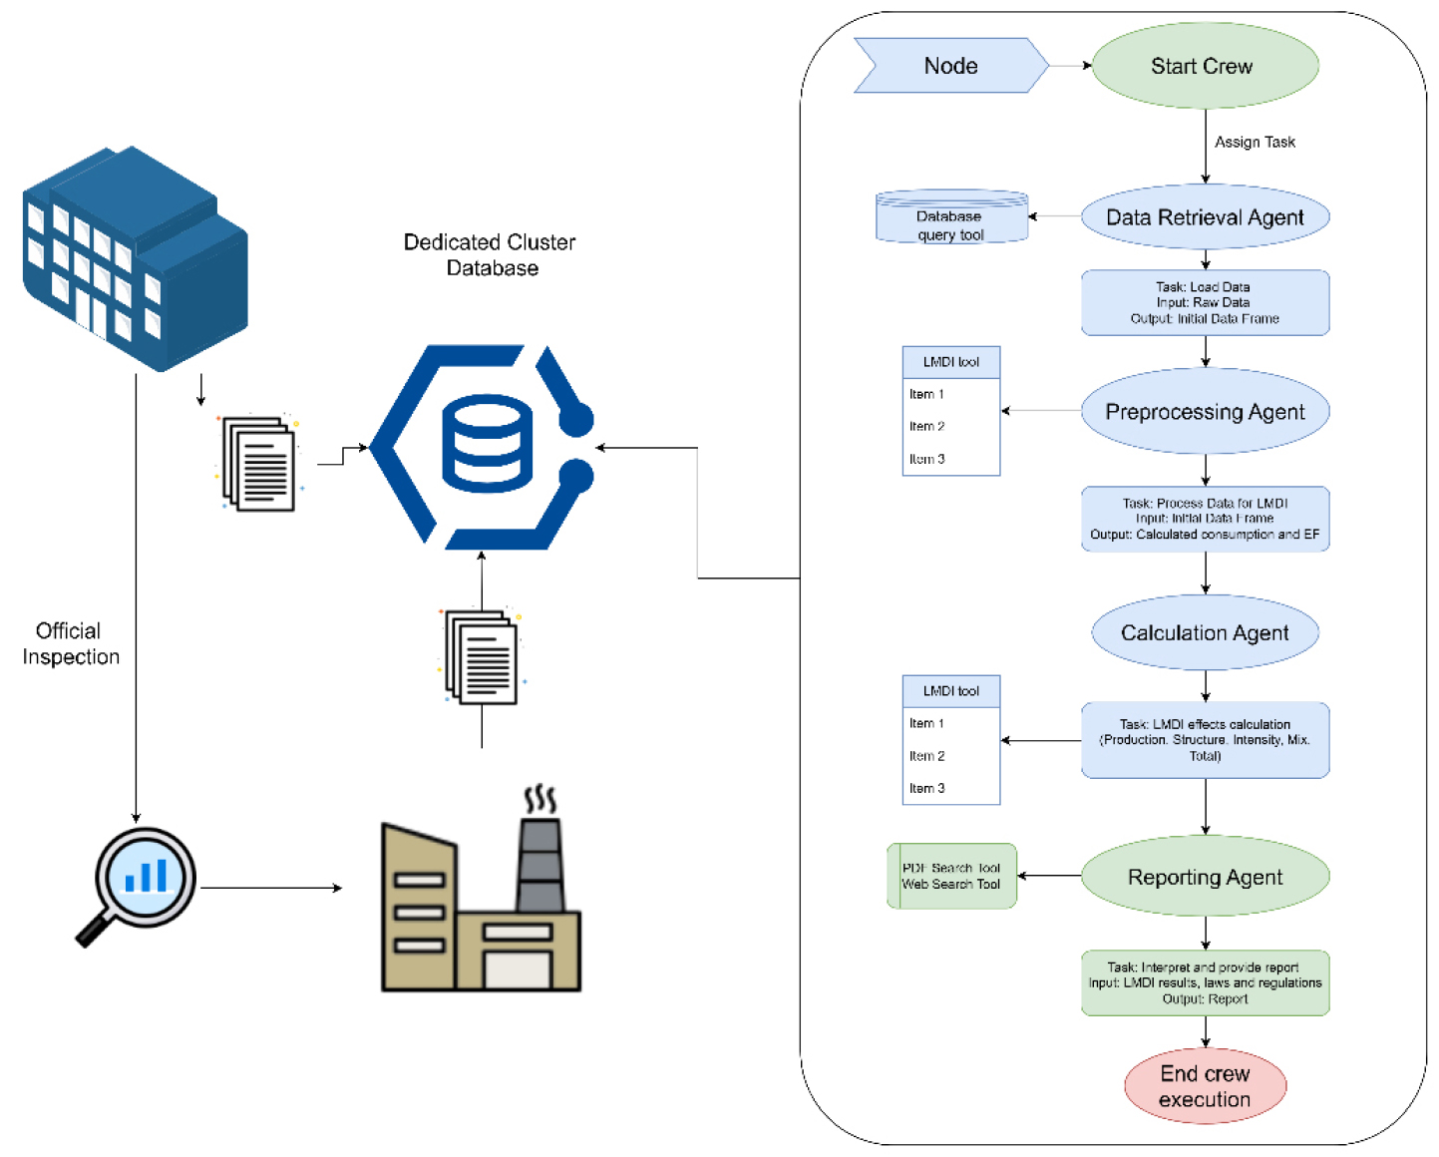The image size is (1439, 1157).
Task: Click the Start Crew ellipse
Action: (x=1205, y=66)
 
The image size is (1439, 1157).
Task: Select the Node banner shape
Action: (x=951, y=66)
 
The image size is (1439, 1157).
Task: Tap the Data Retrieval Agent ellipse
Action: (x=1205, y=216)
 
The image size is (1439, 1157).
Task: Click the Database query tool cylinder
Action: (x=951, y=216)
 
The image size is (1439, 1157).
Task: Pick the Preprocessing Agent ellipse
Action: (x=1205, y=411)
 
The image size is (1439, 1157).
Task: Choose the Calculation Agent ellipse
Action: (x=1205, y=632)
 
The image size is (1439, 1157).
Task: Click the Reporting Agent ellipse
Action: (x=1205, y=876)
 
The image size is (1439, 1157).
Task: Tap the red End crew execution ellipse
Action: (x=1205, y=1086)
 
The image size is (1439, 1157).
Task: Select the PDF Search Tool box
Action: (x=951, y=876)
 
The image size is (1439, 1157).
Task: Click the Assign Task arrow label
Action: (x=1255, y=142)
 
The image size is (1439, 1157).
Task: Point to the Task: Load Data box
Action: (x=1205, y=302)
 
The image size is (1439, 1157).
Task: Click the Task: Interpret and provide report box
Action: (x=1205, y=982)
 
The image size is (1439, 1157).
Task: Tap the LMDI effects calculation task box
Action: (x=1205, y=740)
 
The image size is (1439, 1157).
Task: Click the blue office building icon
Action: (x=135, y=258)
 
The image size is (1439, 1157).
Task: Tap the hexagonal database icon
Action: (x=482, y=447)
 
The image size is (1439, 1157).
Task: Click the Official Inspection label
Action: (x=70, y=643)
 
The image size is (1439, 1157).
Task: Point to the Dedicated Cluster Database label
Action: (x=490, y=254)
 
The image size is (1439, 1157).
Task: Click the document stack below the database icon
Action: (x=482, y=656)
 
